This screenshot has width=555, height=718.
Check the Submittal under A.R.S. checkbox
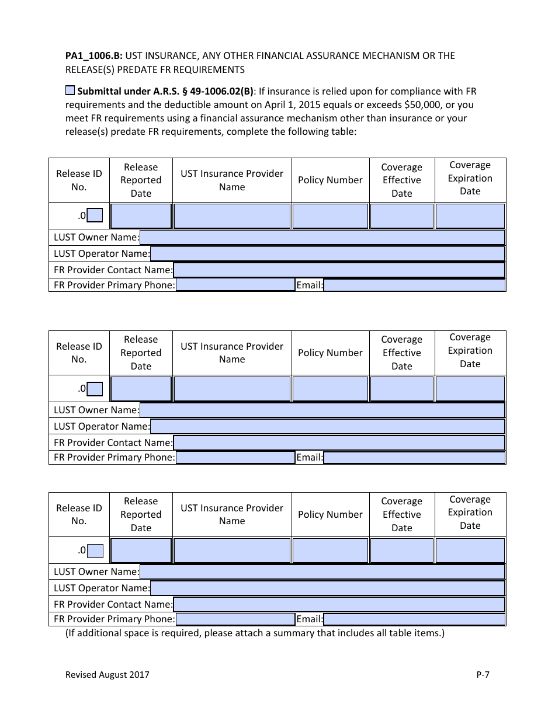[70, 90]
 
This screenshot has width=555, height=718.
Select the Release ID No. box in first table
[95, 216]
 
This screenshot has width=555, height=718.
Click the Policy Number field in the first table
[330, 216]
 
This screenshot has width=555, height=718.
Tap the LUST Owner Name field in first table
[322, 237]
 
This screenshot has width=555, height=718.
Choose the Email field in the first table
[414, 285]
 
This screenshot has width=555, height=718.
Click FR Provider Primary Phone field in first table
[235, 285]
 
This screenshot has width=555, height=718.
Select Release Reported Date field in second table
[141, 389]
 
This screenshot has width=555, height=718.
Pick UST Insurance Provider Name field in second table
[232, 389]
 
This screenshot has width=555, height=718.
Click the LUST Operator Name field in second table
[327, 426]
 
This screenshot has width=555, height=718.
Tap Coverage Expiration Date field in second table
[470, 389]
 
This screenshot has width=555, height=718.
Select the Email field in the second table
[414, 458]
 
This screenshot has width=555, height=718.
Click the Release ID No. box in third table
[95, 550]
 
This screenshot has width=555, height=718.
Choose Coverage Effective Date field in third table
[401, 550]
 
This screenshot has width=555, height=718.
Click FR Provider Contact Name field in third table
[339, 604]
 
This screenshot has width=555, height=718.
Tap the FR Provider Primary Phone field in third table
[235, 619]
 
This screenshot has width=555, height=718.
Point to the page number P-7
[483, 675]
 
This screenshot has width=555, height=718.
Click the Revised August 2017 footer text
[107, 675]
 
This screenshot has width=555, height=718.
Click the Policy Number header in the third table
[330, 514]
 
